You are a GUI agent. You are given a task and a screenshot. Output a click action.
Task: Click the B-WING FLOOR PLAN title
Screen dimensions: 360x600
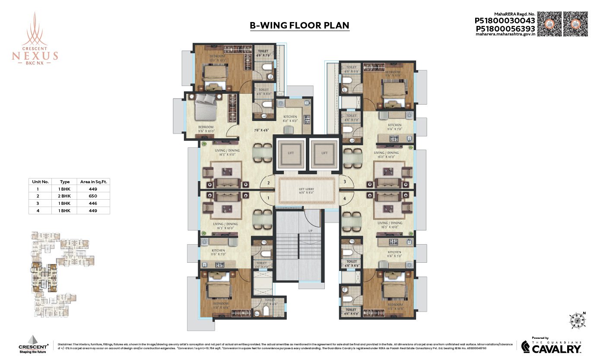[x=299, y=25]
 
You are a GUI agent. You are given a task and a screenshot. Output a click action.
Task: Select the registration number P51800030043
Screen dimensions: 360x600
[x=505, y=20]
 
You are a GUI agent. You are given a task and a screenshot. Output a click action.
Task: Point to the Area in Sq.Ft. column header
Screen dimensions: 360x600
[x=93, y=182]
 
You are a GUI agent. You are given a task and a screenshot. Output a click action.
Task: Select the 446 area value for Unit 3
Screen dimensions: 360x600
[x=93, y=203]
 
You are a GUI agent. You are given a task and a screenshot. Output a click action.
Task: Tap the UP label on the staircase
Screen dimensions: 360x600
[x=310, y=231]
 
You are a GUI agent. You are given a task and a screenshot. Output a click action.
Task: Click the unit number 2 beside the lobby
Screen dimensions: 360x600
[x=268, y=183]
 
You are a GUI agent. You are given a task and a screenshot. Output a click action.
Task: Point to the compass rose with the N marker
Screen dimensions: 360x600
[x=575, y=320]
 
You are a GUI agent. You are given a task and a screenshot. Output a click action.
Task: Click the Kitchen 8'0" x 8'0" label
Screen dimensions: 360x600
[x=290, y=119]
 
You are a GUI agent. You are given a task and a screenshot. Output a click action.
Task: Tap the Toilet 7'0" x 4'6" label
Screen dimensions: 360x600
[x=270, y=302]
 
